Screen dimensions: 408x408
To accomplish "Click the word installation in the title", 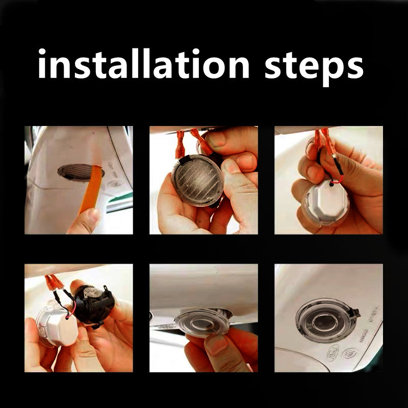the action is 144,63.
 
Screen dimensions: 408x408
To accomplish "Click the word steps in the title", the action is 314,68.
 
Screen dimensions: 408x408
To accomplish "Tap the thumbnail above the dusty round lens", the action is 216,139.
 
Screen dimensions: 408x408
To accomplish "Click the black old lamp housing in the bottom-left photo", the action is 94,305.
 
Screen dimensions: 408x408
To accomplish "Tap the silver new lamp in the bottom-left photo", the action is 58,325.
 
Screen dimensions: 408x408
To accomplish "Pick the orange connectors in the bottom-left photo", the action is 54,283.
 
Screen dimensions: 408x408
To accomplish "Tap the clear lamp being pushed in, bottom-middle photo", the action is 203,323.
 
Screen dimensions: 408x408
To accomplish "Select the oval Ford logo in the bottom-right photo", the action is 333,353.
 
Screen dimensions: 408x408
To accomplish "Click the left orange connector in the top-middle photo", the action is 180,145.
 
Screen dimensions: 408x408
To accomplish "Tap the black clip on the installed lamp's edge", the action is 355,312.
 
